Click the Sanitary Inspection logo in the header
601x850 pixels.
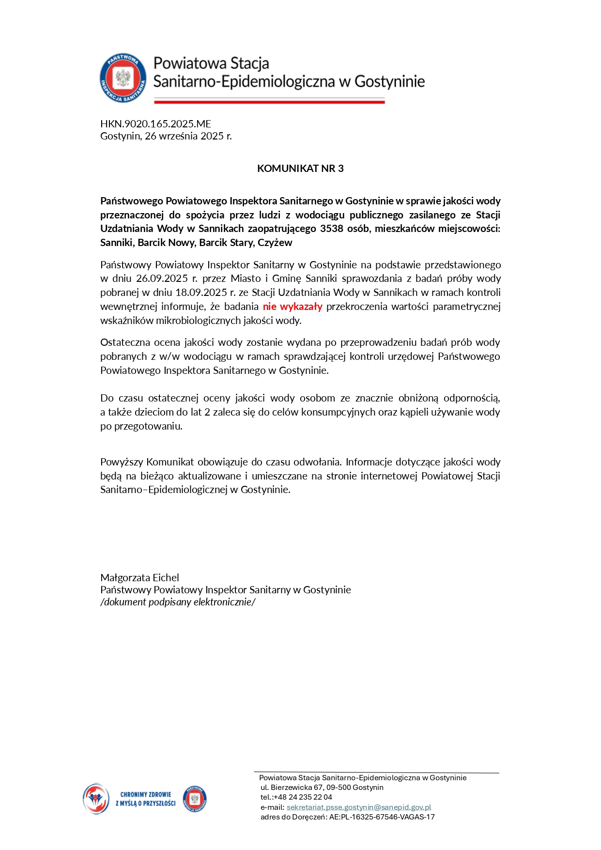(x=123, y=78)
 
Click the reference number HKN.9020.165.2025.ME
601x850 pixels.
(x=155, y=124)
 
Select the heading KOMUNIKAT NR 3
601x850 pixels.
(x=300, y=169)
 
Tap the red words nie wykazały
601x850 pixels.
(x=293, y=307)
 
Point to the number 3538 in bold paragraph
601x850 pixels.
(x=332, y=229)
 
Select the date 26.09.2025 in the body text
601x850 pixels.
(x=162, y=278)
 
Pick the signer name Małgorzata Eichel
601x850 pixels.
(x=139, y=578)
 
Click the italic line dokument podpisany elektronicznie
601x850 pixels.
(x=178, y=602)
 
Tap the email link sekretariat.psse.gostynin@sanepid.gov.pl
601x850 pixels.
(x=358, y=807)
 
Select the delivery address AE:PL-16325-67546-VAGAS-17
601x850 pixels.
(x=382, y=817)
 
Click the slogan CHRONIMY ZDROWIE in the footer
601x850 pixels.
(x=145, y=795)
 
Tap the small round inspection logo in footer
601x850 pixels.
(x=195, y=799)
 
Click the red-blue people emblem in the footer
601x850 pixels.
(x=96, y=799)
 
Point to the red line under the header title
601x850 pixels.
(x=269, y=102)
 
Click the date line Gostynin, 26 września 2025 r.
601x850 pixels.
(x=166, y=136)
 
